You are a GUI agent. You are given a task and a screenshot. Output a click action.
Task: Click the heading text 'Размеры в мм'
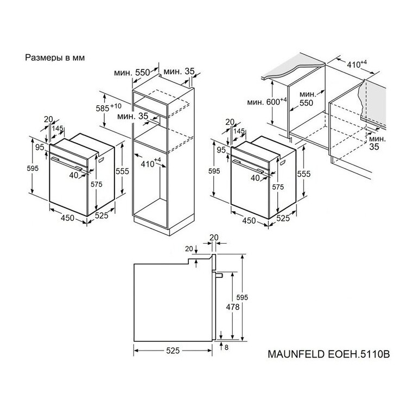[55, 58]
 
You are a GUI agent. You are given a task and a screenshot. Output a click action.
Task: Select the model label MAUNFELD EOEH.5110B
[329, 354]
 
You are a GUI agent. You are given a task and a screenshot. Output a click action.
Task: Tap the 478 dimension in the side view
[233, 307]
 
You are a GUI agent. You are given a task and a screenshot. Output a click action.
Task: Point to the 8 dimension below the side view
[226, 347]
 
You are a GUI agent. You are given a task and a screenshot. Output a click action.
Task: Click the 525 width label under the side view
[173, 351]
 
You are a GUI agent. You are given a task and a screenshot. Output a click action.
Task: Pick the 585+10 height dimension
[108, 107]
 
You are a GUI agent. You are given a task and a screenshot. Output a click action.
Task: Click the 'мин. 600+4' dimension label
[267, 101]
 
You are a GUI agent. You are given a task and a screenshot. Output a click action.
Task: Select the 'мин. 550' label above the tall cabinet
[132, 72]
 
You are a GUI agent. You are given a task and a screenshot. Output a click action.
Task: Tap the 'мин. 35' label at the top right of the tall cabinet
[179, 72]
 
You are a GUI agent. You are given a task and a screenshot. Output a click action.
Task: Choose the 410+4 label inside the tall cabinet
[151, 163]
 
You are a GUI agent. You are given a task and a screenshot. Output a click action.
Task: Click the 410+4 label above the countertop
[357, 64]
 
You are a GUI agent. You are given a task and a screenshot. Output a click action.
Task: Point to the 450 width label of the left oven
[67, 218]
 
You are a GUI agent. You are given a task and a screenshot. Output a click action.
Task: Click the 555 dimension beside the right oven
[304, 174]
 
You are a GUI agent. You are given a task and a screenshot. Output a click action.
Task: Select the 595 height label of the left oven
[33, 168]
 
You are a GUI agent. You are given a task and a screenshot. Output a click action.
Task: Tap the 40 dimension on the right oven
[255, 178]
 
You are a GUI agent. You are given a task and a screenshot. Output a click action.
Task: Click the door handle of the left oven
[67, 163]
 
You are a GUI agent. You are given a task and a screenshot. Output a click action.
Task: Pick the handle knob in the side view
[220, 275]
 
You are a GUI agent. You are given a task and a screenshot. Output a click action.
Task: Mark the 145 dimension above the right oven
[239, 131]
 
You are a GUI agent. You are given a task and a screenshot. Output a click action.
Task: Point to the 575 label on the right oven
[278, 187]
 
